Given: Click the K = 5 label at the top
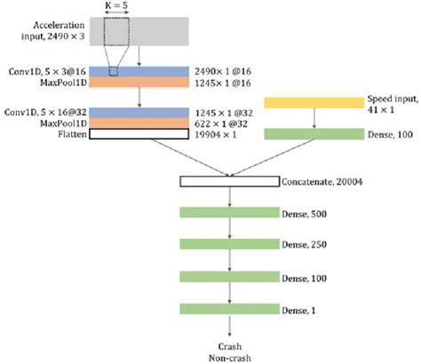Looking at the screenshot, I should click(x=116, y=5).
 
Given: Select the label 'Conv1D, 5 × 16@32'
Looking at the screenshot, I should click(x=38, y=113).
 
